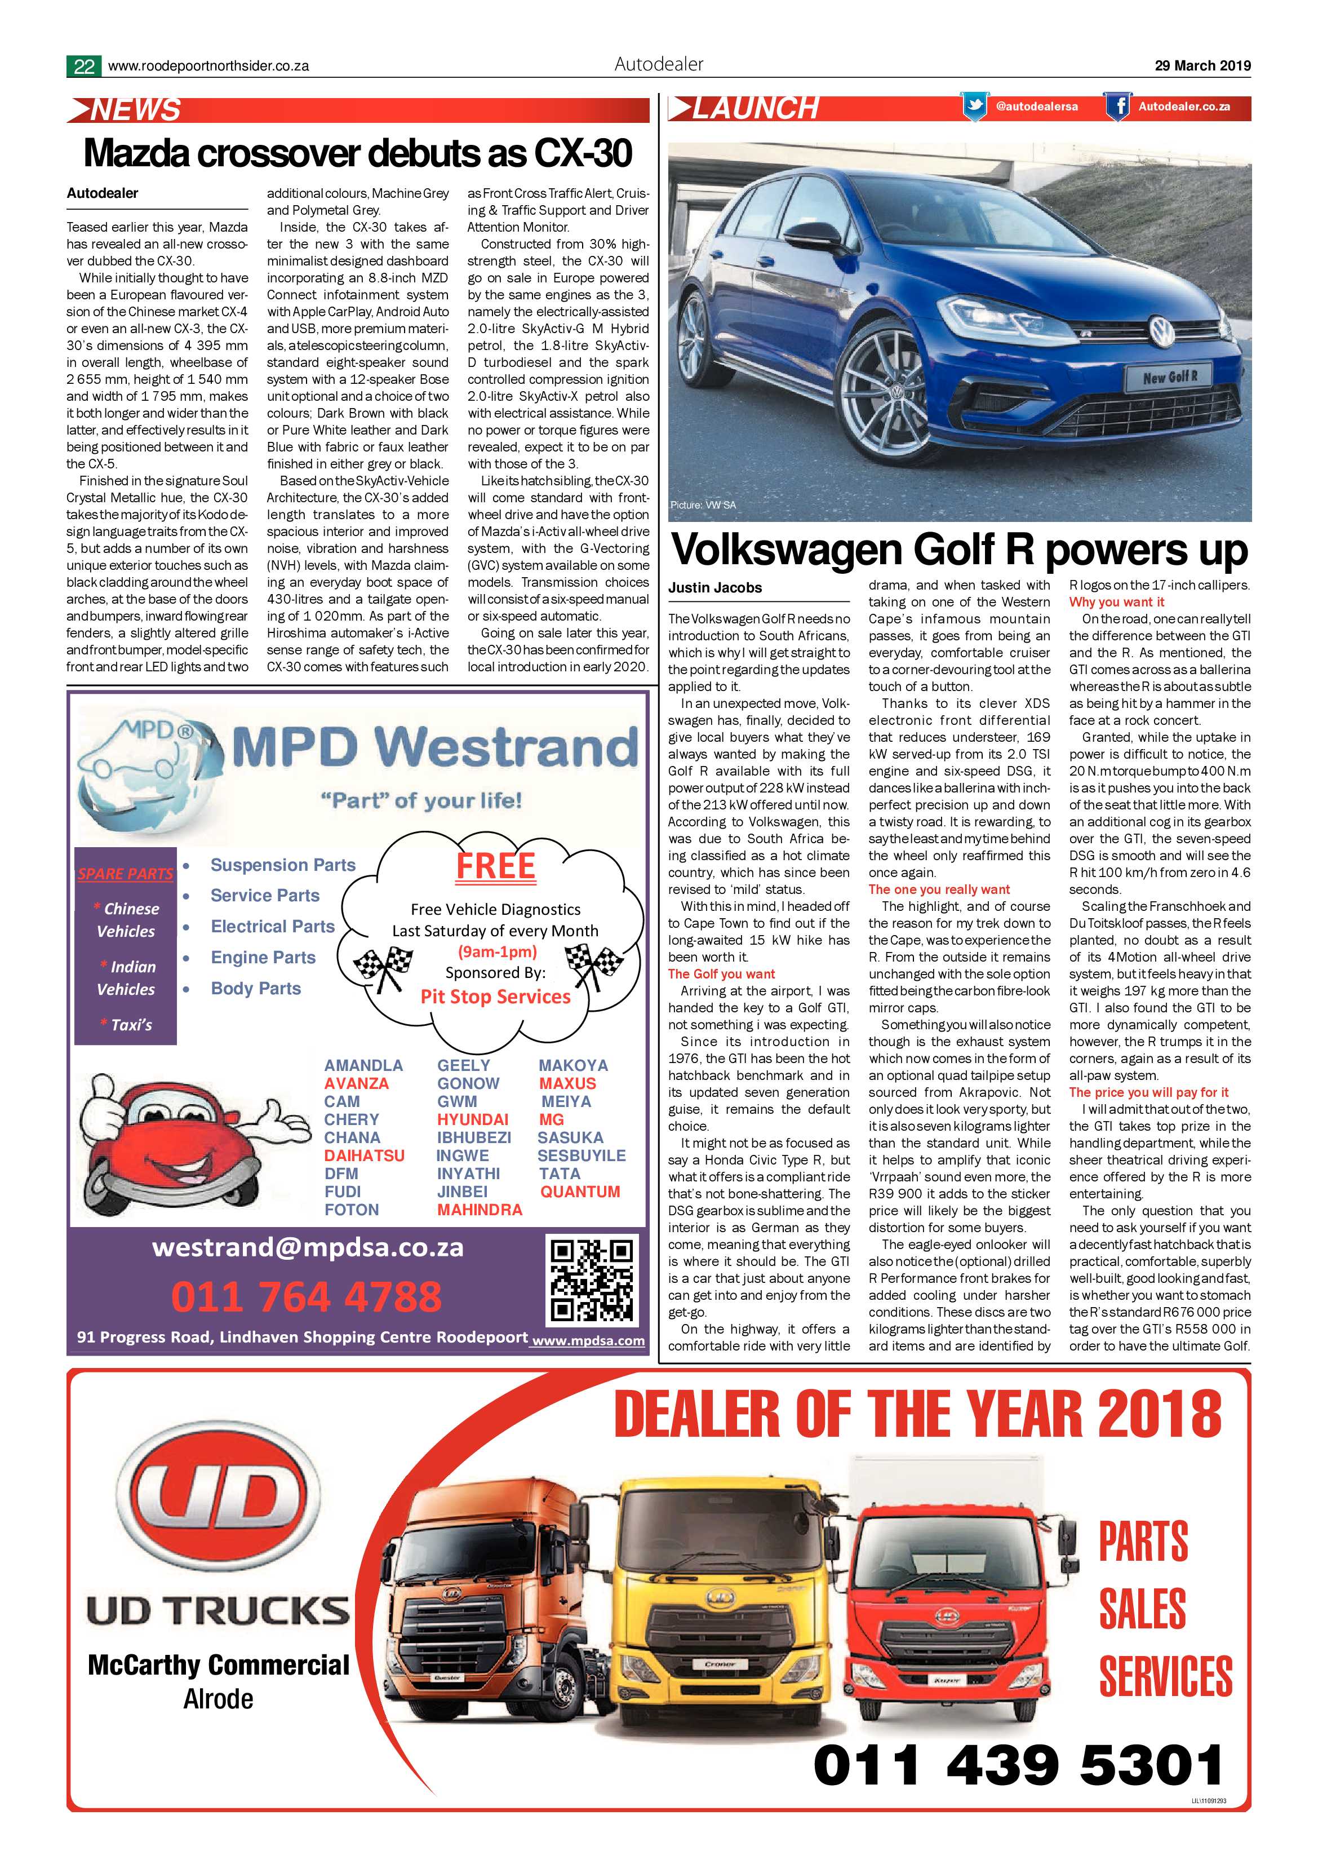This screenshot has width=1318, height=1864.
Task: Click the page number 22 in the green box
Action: tap(83, 67)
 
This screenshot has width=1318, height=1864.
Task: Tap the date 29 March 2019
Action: tap(1202, 66)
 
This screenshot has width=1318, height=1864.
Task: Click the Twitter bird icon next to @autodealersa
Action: tap(974, 107)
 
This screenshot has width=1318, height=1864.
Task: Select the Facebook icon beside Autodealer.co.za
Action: tap(1117, 107)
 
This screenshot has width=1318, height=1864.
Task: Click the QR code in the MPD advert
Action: tap(591, 1279)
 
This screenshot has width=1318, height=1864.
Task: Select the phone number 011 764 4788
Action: tap(306, 1296)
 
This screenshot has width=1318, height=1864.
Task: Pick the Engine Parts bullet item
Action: tap(263, 958)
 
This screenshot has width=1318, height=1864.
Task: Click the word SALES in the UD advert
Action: tap(1142, 1610)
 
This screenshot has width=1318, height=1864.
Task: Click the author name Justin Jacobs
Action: tap(715, 588)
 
